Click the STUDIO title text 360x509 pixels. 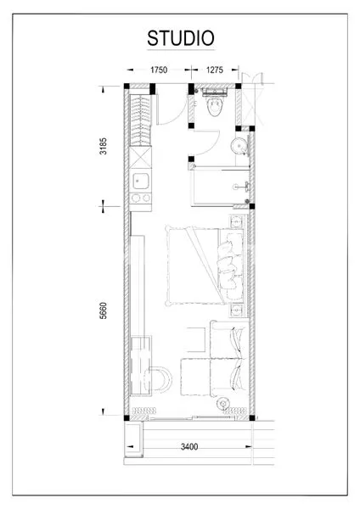[x=179, y=39]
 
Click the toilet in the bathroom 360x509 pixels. [x=216, y=105]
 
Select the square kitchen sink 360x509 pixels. [x=141, y=181]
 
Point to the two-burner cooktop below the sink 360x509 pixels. [x=141, y=199]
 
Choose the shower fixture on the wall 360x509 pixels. [x=246, y=185]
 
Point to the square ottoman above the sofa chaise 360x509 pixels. [x=194, y=339]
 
